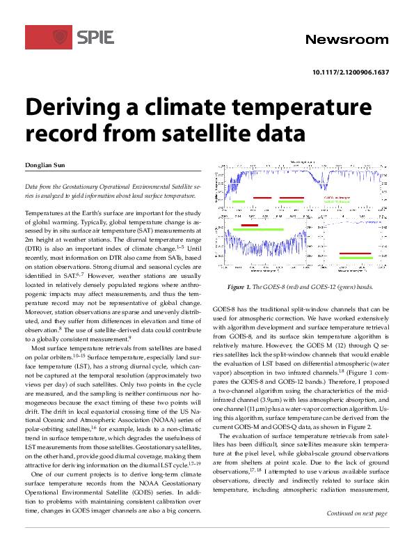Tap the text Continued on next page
(358, 533)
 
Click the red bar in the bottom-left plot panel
(249, 225)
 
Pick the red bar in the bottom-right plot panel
(355, 254)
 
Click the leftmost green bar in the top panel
(239, 201)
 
